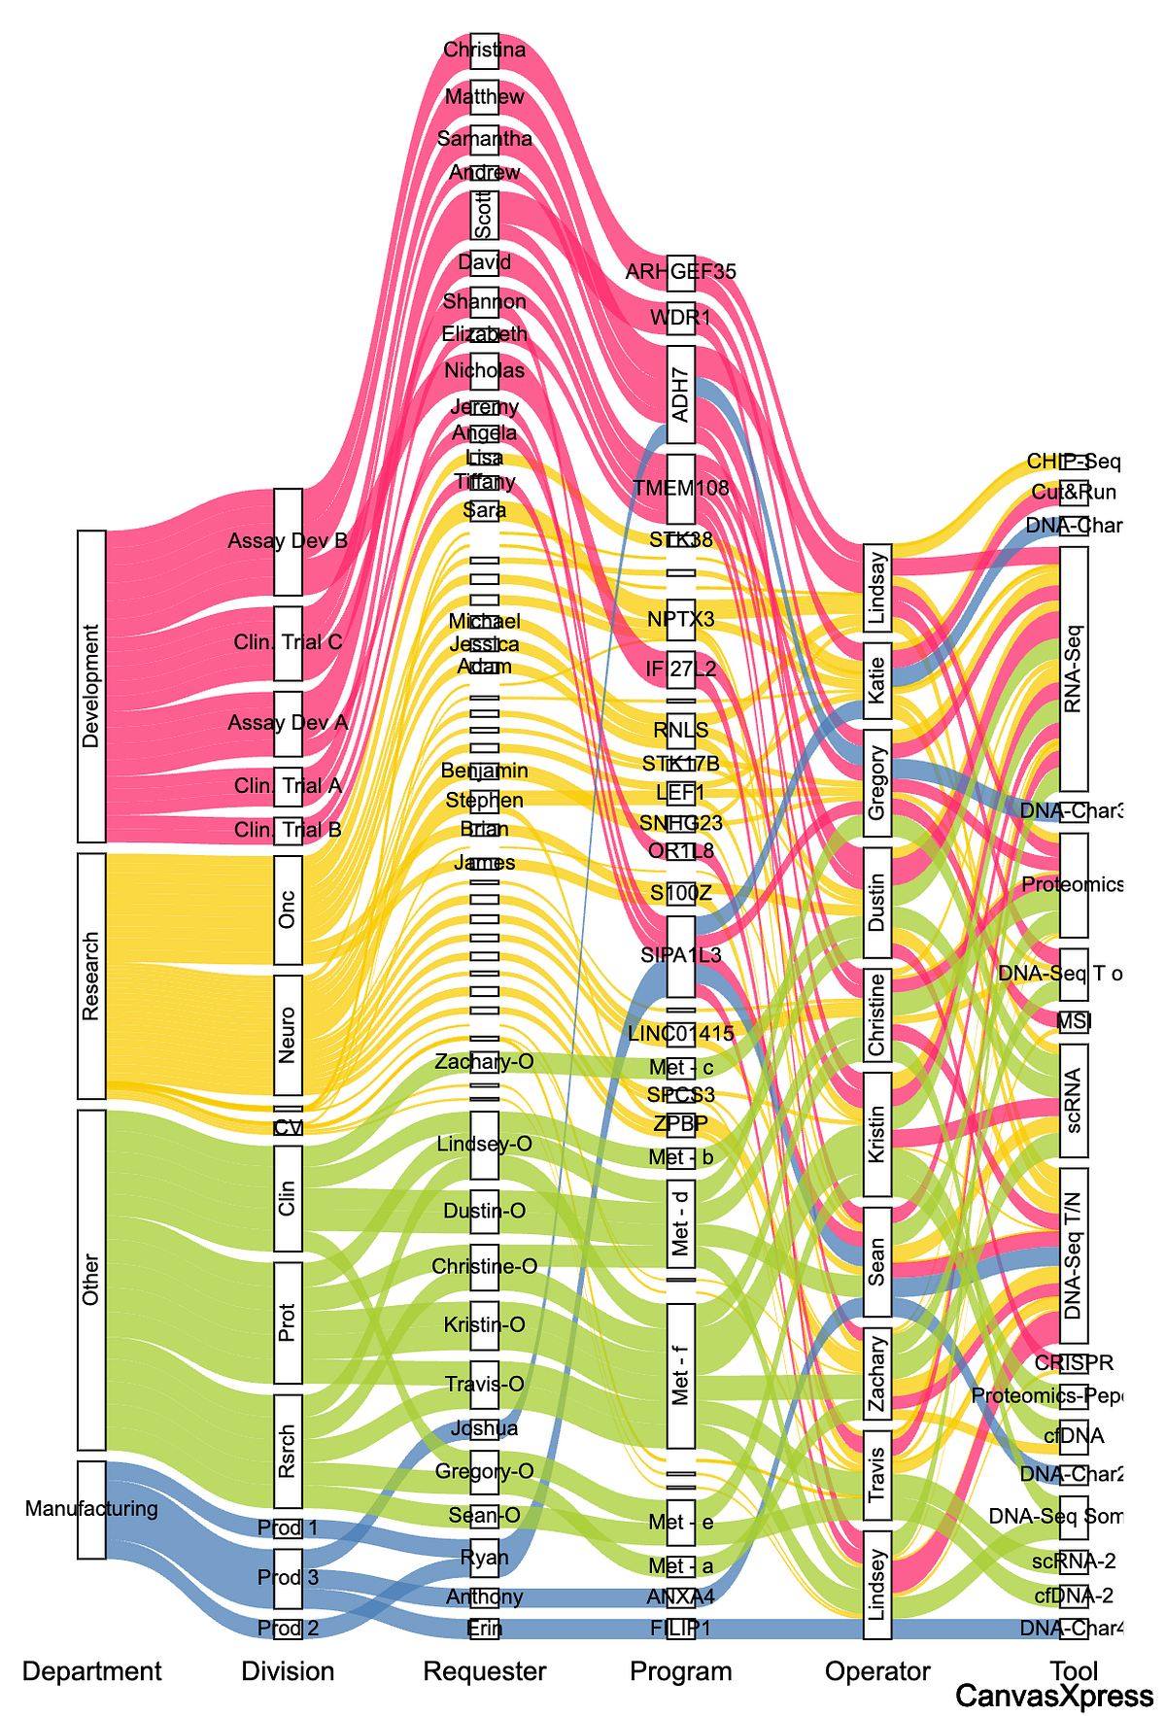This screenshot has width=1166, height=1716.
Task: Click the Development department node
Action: click(91, 686)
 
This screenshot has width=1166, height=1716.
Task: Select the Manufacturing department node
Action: click(91, 1509)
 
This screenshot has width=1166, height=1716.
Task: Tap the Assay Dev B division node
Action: click(288, 541)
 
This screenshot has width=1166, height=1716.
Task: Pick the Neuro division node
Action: click(288, 1035)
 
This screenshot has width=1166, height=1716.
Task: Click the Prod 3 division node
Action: click(288, 1576)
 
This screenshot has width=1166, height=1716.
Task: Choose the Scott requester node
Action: click(484, 215)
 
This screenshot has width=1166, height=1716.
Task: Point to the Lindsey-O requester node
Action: click(484, 1145)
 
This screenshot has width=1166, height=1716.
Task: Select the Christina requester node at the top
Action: click(484, 51)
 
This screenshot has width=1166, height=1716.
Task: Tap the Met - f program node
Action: click(681, 1376)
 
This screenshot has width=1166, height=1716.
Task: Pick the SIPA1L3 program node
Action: click(681, 956)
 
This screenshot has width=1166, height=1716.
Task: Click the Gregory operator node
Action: click(877, 783)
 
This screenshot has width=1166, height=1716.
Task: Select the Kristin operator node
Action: click(877, 1134)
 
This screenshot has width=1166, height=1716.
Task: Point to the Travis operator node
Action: click(877, 1475)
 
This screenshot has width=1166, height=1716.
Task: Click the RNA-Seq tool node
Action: click(1074, 669)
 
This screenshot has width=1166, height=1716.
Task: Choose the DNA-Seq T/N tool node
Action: click(1074, 1255)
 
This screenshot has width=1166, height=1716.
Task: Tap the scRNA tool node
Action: click(1074, 1101)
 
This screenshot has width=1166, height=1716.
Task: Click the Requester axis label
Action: click(484, 1671)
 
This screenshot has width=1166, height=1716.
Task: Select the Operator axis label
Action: click(877, 1671)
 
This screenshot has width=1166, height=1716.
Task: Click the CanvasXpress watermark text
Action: click(1054, 1697)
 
